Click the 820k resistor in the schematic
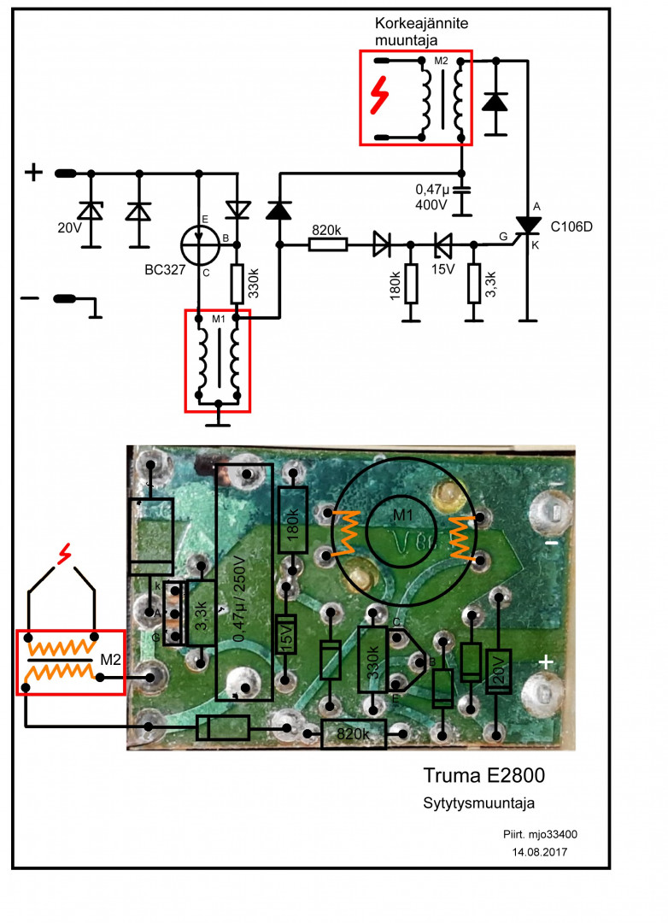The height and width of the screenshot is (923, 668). (x=328, y=244)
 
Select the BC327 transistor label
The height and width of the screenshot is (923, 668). (x=165, y=270)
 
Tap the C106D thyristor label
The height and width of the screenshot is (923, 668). (x=571, y=226)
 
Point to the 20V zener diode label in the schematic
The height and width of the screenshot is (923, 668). (x=69, y=227)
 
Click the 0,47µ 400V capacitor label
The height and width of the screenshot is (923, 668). (x=432, y=197)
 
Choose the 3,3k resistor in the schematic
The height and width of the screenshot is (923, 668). (x=474, y=284)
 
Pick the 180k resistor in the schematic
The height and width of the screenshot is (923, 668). (x=411, y=284)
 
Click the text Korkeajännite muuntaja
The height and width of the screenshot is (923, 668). (x=421, y=32)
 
